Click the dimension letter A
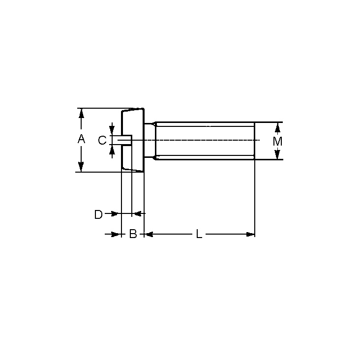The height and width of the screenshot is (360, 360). click(81, 139)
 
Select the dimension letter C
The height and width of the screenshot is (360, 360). click(102, 140)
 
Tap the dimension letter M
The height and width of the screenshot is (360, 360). click(277, 141)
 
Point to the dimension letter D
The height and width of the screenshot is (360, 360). click(98, 214)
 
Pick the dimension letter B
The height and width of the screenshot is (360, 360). click(133, 234)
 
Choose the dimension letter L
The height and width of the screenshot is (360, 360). click(199, 234)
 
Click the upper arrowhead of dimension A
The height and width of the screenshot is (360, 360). click(81, 114)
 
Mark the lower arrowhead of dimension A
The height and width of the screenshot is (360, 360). click(81, 167)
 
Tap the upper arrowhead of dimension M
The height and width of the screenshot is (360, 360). click(277, 128)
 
